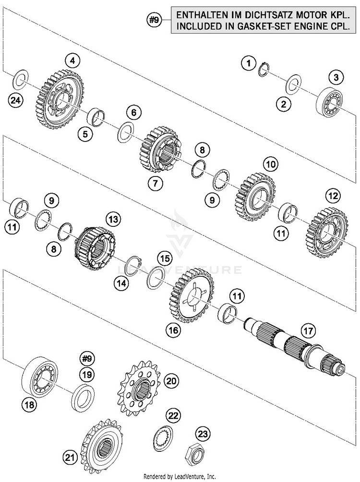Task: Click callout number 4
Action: (72, 61)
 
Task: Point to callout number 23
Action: (203, 435)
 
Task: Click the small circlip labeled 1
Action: (264, 69)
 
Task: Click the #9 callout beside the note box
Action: (154, 20)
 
